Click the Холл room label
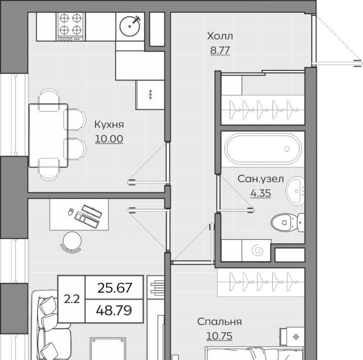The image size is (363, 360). [220, 36]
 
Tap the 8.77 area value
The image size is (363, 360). [220, 50]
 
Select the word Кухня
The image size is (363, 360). [109, 125]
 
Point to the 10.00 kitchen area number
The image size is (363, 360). [109, 138]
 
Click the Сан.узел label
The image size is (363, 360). [261, 179]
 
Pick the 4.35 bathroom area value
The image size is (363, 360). [261, 193]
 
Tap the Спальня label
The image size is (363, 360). [220, 321]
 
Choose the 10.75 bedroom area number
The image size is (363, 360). [220, 336]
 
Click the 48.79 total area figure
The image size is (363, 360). [114, 310]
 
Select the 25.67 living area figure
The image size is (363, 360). [115, 288]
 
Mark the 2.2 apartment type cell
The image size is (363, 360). [72, 299]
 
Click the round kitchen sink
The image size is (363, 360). [130, 26]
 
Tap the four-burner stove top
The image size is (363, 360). [70, 27]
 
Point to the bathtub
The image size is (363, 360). [263, 149]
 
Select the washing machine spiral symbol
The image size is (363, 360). [258, 250]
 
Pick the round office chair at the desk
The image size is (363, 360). [72, 242]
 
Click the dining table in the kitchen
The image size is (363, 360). [48, 135]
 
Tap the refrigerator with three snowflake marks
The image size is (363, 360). [150, 95]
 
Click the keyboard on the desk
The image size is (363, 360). [92, 211]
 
